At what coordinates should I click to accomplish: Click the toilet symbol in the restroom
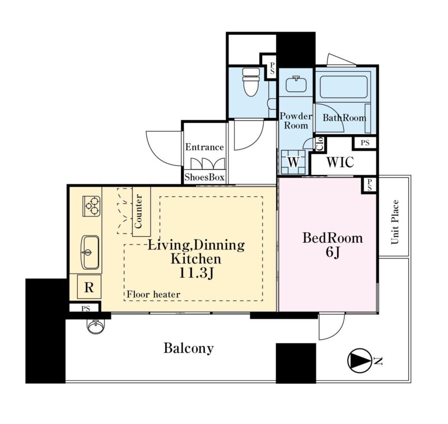(x=250, y=82)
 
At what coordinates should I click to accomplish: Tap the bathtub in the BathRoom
(x=343, y=87)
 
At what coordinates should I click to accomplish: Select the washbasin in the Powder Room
(x=296, y=84)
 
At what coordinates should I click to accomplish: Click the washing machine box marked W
(x=293, y=162)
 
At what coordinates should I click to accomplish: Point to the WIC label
(x=340, y=162)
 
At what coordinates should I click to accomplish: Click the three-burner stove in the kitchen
(x=91, y=206)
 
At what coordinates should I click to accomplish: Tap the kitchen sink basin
(x=91, y=252)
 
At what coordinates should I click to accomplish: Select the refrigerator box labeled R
(x=89, y=287)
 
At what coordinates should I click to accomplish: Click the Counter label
(x=138, y=211)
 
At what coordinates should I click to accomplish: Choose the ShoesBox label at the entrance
(x=204, y=177)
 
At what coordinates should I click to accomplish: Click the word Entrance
(x=204, y=147)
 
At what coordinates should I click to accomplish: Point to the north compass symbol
(x=360, y=361)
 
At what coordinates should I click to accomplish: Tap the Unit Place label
(x=395, y=222)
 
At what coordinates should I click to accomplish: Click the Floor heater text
(x=153, y=294)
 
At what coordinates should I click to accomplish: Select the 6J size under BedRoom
(x=333, y=252)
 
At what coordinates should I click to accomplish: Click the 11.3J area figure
(x=196, y=273)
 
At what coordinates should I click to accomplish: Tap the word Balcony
(x=189, y=348)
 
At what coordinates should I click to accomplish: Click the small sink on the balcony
(x=96, y=326)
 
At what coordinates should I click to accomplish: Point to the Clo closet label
(x=320, y=144)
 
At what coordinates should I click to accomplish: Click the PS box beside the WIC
(x=365, y=142)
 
